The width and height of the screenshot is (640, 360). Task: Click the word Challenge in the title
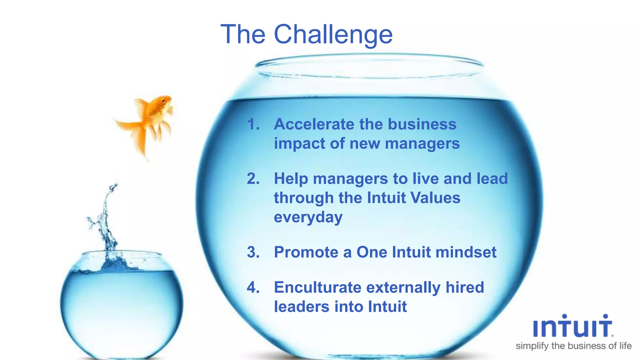pyautogui.click(x=333, y=34)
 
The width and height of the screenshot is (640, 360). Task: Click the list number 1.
pyautogui.click(x=253, y=124)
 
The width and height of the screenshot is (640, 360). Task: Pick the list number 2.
pyautogui.click(x=253, y=179)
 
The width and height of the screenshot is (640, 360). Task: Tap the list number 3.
pyautogui.click(x=253, y=252)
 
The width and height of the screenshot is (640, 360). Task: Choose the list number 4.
pyautogui.click(x=253, y=287)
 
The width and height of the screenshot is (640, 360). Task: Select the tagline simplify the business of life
pyautogui.click(x=573, y=346)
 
